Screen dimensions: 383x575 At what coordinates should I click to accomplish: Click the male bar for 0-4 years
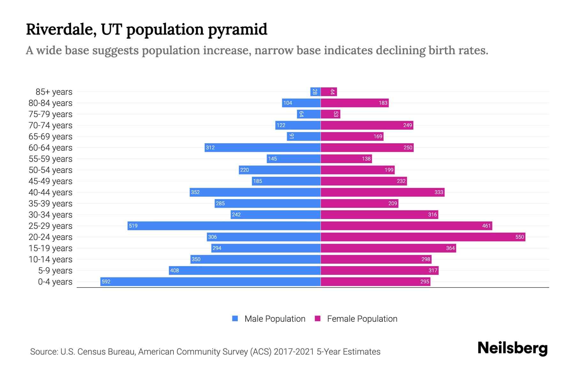211,282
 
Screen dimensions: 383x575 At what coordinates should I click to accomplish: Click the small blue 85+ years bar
315,92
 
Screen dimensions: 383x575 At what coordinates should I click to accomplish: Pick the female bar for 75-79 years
330,114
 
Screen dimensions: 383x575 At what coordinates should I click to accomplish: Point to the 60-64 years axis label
50,148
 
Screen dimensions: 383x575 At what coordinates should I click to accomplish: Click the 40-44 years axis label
50,192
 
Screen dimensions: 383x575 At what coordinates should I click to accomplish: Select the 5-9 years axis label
55,271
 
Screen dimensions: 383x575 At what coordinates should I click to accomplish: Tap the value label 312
210,147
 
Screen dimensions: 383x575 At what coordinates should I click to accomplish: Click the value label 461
486,226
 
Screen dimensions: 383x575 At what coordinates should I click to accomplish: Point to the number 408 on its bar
174,270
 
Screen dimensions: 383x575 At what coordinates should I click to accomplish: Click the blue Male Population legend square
235,319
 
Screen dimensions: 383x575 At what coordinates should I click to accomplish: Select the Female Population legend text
362,319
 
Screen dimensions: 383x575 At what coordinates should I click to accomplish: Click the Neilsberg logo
512,348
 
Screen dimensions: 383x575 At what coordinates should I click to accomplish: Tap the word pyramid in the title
237,30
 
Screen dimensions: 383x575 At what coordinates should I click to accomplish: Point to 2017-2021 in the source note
294,352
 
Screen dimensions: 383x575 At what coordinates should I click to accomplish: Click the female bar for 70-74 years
367,125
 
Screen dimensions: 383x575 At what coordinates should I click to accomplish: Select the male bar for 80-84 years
301,103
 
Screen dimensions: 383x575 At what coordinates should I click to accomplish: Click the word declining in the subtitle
400,51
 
